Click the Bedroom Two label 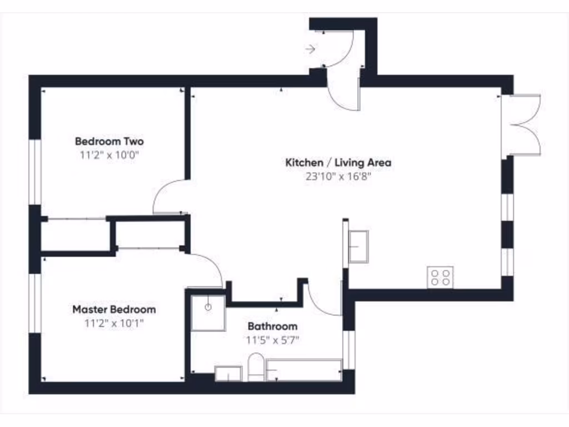109,141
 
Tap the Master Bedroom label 114,309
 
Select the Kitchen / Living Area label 338,163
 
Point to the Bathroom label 272,326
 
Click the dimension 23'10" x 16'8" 338,177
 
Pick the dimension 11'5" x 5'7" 272,340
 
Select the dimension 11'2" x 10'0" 109,155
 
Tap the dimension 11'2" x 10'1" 114,324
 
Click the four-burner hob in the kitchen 440,277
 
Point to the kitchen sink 358,246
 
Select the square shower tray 208,312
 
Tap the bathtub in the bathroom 304,370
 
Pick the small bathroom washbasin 228,374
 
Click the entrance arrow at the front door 310,49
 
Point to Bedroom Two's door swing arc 167,195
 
